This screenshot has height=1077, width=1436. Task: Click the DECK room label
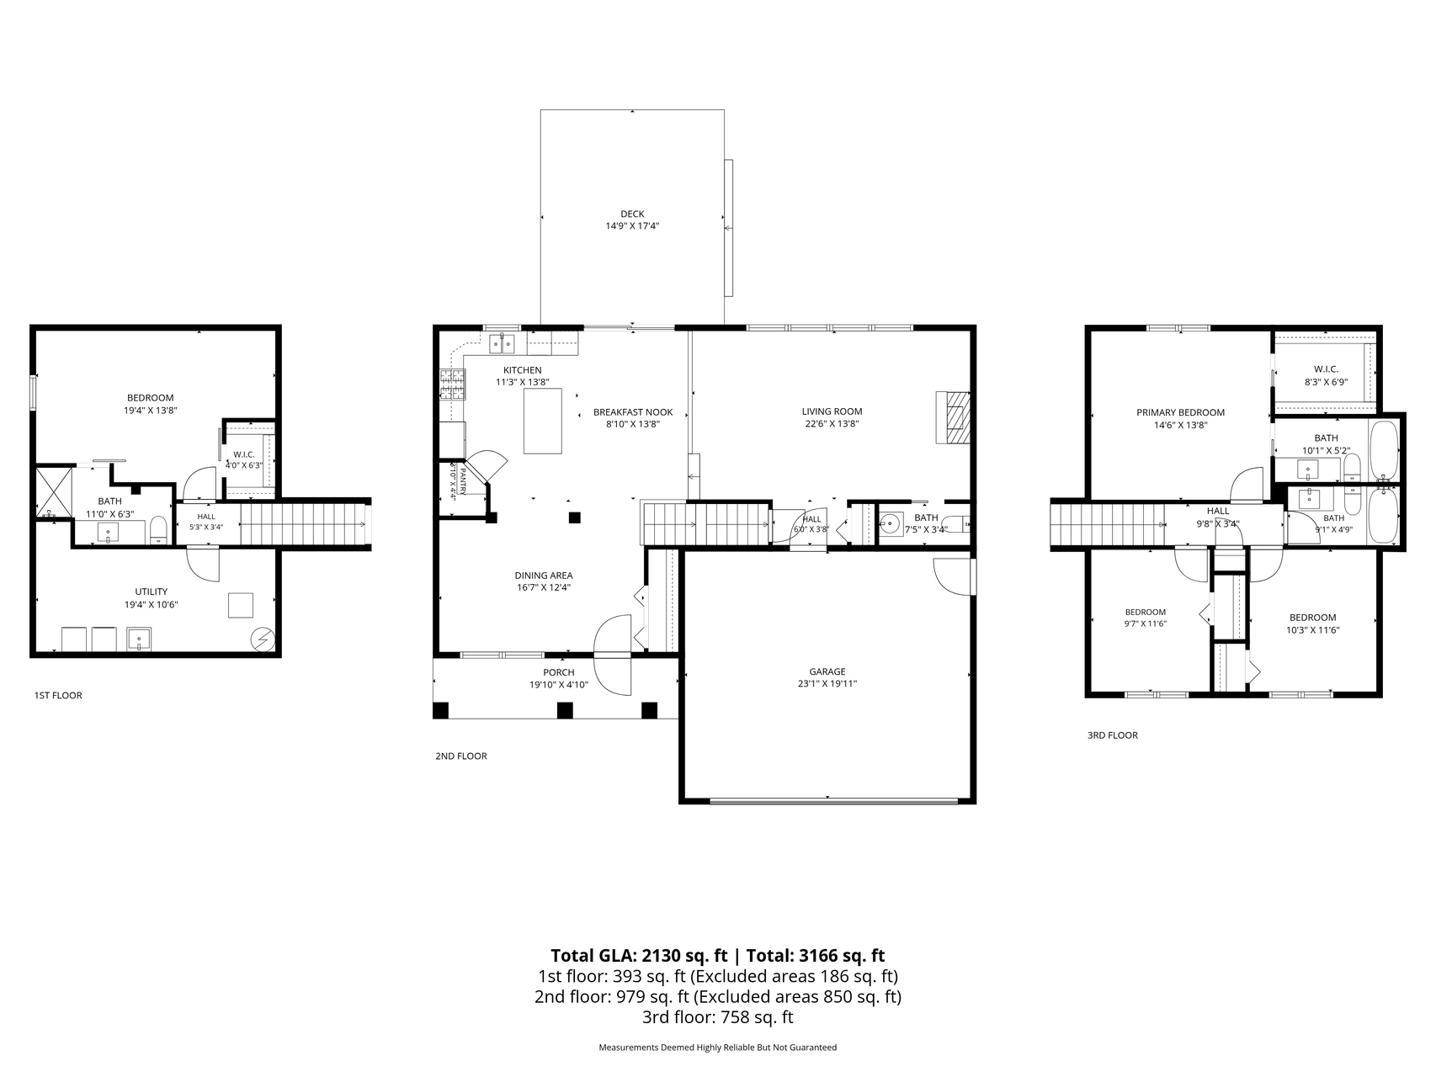[632, 214]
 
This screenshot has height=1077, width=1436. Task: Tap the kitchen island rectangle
[543, 422]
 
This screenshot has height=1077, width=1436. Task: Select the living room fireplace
[953, 417]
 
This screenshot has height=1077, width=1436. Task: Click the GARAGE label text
[827, 671]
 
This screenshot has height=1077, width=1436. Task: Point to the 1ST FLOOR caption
[58, 696]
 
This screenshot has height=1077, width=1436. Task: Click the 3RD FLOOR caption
[1113, 735]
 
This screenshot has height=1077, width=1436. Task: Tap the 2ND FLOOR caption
[461, 756]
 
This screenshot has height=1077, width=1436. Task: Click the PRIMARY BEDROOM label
[1180, 412]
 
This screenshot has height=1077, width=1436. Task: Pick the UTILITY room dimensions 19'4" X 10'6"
[152, 604]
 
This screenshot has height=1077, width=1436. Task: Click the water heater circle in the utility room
[263, 639]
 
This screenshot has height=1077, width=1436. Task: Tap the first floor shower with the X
[52, 493]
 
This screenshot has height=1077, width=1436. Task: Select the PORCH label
[559, 672]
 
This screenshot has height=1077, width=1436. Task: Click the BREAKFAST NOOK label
[633, 412]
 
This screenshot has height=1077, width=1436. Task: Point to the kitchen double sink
[503, 343]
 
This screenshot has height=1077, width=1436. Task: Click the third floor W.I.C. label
[1327, 369]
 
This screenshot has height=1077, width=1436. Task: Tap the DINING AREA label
[544, 576]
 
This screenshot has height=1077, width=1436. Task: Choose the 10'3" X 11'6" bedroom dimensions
[1312, 629]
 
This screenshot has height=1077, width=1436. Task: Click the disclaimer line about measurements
[718, 1048]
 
